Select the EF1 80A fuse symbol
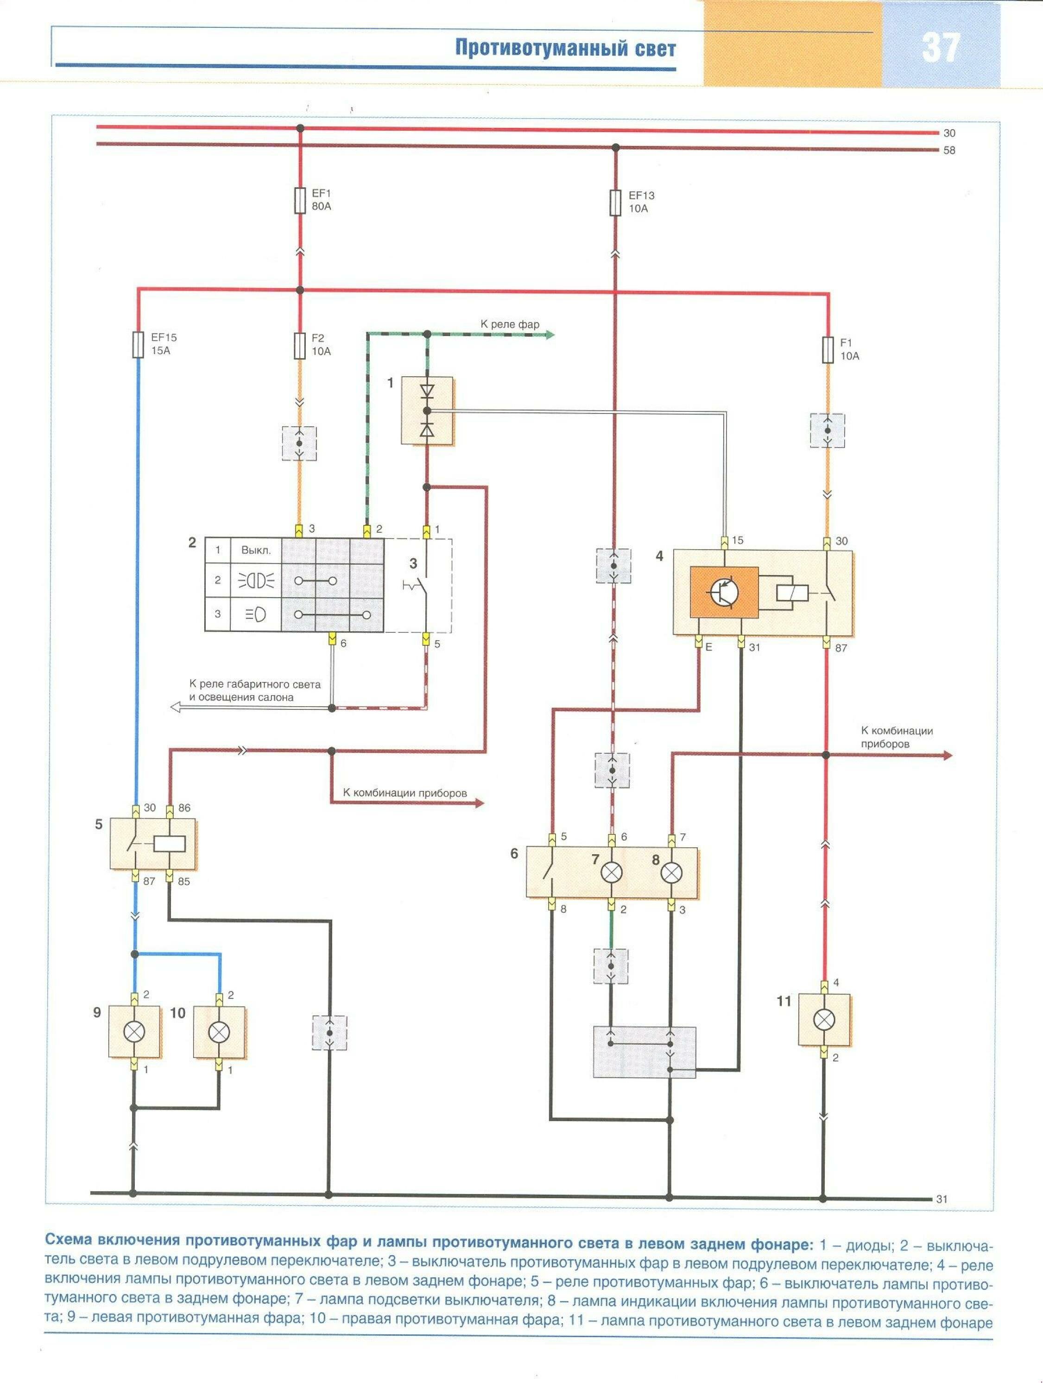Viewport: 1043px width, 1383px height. pyautogui.click(x=299, y=202)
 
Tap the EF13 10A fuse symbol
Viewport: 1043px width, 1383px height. pyautogui.click(x=615, y=202)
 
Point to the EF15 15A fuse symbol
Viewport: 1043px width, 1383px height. pyautogui.click(x=139, y=345)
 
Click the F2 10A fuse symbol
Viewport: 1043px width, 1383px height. pyautogui.click(x=299, y=345)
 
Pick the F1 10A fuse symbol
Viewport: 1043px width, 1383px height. pyautogui.click(x=828, y=349)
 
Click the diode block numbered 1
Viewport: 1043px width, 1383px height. pyautogui.click(x=427, y=410)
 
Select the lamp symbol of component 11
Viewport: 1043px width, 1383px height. pyautogui.click(x=824, y=1020)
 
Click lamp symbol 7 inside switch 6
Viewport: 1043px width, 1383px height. pyautogui.click(x=611, y=873)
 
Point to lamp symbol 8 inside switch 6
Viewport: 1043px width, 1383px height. pyautogui.click(x=671, y=873)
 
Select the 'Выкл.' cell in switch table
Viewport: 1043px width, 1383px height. pyautogui.click(x=256, y=551)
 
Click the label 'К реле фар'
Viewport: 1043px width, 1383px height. pyautogui.click(x=510, y=324)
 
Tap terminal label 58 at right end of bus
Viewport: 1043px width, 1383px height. pyautogui.click(x=949, y=150)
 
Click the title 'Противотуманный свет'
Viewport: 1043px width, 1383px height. pyautogui.click(x=565, y=49)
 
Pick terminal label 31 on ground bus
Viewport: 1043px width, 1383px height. pyautogui.click(x=942, y=1199)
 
